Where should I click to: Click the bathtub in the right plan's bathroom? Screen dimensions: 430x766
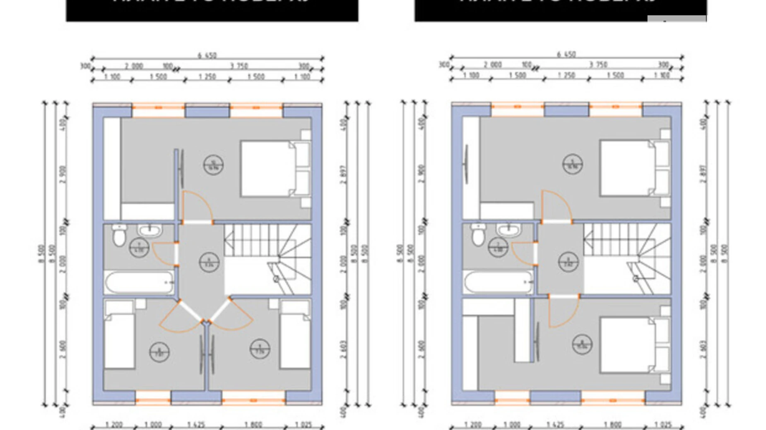point(499,282)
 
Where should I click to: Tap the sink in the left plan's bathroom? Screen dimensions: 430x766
point(149,230)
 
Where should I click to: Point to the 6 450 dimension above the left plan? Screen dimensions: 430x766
point(207,55)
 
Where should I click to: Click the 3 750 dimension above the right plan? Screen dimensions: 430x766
point(598,64)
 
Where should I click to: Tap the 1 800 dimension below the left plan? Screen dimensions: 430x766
point(253,425)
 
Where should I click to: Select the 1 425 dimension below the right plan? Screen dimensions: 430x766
point(555,425)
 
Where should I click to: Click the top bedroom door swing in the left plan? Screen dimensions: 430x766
point(197,207)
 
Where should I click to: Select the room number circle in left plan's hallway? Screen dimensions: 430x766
point(209,262)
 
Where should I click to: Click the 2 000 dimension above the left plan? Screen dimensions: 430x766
point(134,66)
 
